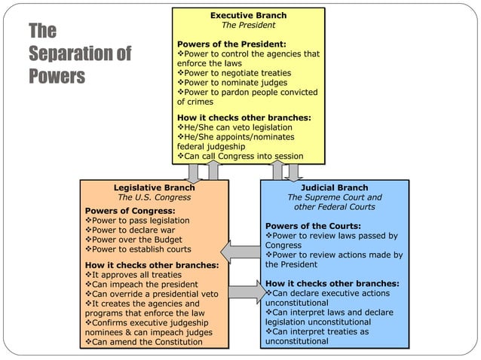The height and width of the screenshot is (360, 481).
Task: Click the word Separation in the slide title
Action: [x=72, y=54]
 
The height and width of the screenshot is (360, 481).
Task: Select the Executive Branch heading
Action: [x=248, y=15]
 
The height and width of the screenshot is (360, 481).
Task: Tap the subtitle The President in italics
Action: [x=248, y=25]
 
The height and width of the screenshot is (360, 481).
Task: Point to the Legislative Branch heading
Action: [x=154, y=188]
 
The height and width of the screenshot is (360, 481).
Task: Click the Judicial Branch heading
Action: [x=334, y=188]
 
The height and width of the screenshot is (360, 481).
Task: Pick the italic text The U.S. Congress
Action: [x=154, y=197]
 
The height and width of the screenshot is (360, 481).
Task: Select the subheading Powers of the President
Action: [x=231, y=44]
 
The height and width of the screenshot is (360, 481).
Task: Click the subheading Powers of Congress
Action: [x=130, y=210]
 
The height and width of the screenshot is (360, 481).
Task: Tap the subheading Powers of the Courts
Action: [x=313, y=226]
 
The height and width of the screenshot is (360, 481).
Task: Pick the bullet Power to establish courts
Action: [x=139, y=249]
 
